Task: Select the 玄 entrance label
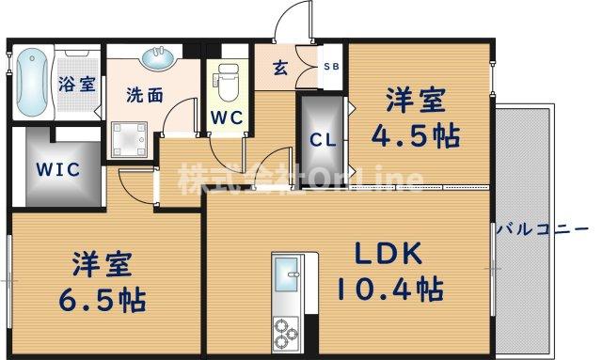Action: tap(281, 67)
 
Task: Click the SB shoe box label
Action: tap(331, 67)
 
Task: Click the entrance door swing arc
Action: tap(296, 23)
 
